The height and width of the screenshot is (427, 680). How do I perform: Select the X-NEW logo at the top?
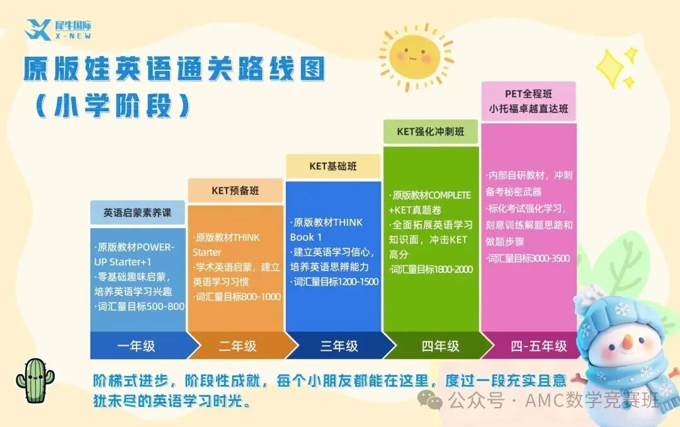point(58,30)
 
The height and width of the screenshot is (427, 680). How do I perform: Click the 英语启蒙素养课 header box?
point(137,213)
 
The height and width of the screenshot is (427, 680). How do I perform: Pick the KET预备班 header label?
point(235,191)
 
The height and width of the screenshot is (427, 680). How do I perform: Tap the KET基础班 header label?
point(333,166)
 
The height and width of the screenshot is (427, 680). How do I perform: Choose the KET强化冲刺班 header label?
point(431,131)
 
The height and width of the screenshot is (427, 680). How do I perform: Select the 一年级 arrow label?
point(136,346)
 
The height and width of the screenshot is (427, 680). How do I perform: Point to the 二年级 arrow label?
point(237,346)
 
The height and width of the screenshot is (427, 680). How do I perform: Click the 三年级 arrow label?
point(339,346)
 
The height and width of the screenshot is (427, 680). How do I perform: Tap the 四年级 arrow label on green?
point(440,346)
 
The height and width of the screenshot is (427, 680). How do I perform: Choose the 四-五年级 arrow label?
point(538,346)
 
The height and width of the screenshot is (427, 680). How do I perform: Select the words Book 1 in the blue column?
point(306,237)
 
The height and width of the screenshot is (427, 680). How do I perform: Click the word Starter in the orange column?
point(207,252)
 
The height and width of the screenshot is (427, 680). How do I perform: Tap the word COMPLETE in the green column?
point(450,196)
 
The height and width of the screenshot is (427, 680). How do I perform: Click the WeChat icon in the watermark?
point(429,400)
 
